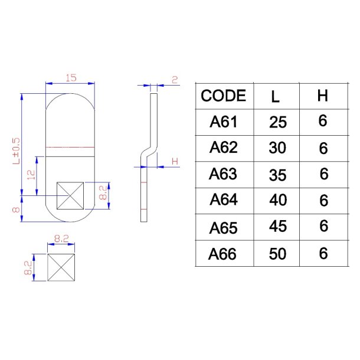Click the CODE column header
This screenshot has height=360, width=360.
223,96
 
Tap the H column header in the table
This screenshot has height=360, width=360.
322,96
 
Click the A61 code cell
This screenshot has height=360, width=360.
223,122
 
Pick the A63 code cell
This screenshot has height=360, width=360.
223,174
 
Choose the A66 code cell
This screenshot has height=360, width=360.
223,253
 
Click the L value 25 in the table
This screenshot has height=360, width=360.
277,123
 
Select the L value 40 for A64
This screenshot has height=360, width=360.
277,201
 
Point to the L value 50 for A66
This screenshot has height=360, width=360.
277,254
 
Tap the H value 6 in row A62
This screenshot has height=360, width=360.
323,148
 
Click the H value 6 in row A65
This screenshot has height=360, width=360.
323,227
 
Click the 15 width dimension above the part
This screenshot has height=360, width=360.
71,78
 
